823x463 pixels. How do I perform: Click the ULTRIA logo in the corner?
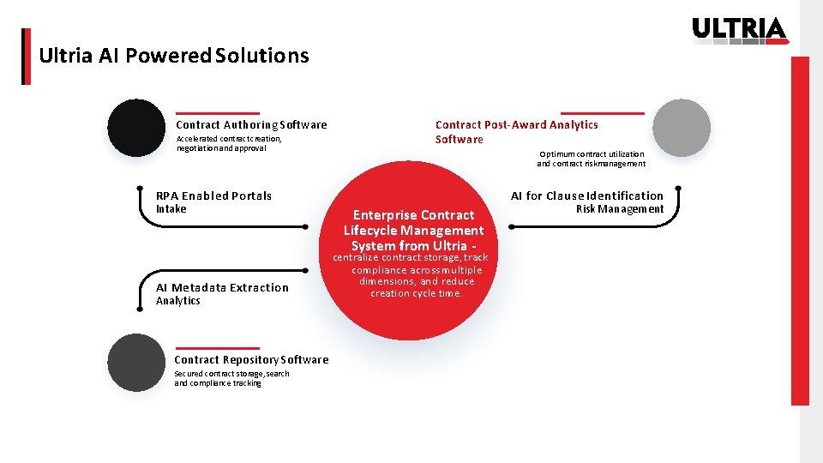pyautogui.click(x=739, y=29)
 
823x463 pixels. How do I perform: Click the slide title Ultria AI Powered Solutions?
pyautogui.click(x=174, y=56)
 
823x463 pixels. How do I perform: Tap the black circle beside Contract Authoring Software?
pyautogui.click(x=135, y=128)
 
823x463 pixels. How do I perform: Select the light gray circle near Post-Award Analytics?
pyautogui.click(x=682, y=128)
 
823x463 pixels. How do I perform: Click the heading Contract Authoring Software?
pyautogui.click(x=251, y=125)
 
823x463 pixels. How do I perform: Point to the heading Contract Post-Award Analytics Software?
pyautogui.click(x=516, y=132)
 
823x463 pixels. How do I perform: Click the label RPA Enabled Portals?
pyautogui.click(x=213, y=195)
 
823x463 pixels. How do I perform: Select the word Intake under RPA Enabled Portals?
pyautogui.click(x=171, y=208)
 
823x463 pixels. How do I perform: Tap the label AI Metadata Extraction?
pyautogui.click(x=222, y=287)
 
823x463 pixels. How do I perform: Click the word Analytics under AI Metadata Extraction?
pyautogui.click(x=177, y=301)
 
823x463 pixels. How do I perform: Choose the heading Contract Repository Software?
pyautogui.click(x=251, y=360)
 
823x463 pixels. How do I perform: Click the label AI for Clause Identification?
pyautogui.click(x=587, y=195)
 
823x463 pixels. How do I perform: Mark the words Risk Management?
pyautogui.click(x=620, y=209)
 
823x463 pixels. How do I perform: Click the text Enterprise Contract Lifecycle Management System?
pyautogui.click(x=413, y=230)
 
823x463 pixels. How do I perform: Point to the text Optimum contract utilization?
pyautogui.click(x=592, y=154)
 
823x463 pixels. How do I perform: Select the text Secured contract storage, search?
pyautogui.click(x=231, y=374)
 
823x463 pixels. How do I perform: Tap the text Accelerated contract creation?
pyautogui.click(x=229, y=138)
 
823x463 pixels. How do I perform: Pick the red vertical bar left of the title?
pyautogui.click(x=26, y=57)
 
